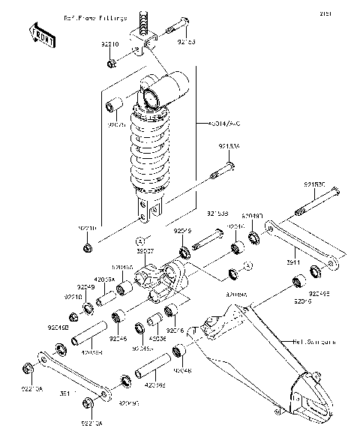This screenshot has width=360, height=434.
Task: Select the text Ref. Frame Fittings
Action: (95, 16)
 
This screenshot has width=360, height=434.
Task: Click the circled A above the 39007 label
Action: (139, 241)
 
